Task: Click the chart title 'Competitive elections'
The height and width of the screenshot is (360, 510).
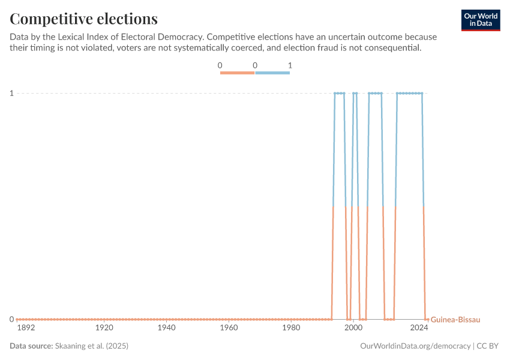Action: coord(84,19)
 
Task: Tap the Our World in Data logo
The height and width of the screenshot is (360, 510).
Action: coord(481,20)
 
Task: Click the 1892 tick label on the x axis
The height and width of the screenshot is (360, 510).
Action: coord(26,328)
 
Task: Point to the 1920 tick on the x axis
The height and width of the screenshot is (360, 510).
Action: coord(104,328)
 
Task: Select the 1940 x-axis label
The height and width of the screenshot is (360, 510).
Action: coord(167,328)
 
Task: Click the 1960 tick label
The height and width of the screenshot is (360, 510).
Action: coord(229,328)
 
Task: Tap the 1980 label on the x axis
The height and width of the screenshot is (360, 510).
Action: coord(291,328)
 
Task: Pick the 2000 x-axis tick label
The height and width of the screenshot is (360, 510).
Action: coord(353,328)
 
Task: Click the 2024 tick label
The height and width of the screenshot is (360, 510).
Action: coord(419,328)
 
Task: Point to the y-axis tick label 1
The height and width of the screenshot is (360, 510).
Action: coord(11,93)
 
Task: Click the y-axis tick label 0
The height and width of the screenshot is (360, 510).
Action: coord(11,319)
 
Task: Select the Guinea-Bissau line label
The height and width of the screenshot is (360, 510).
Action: coord(455,320)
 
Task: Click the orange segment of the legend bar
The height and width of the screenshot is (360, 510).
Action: coord(238,73)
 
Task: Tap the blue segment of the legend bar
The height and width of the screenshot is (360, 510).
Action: coord(272,73)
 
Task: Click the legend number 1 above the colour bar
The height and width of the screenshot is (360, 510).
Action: coord(290,65)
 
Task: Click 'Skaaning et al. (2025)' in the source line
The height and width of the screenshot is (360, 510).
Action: coord(92,346)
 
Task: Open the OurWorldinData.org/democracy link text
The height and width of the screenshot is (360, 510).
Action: coord(416,346)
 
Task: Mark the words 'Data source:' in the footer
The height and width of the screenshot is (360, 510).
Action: coord(31,346)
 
